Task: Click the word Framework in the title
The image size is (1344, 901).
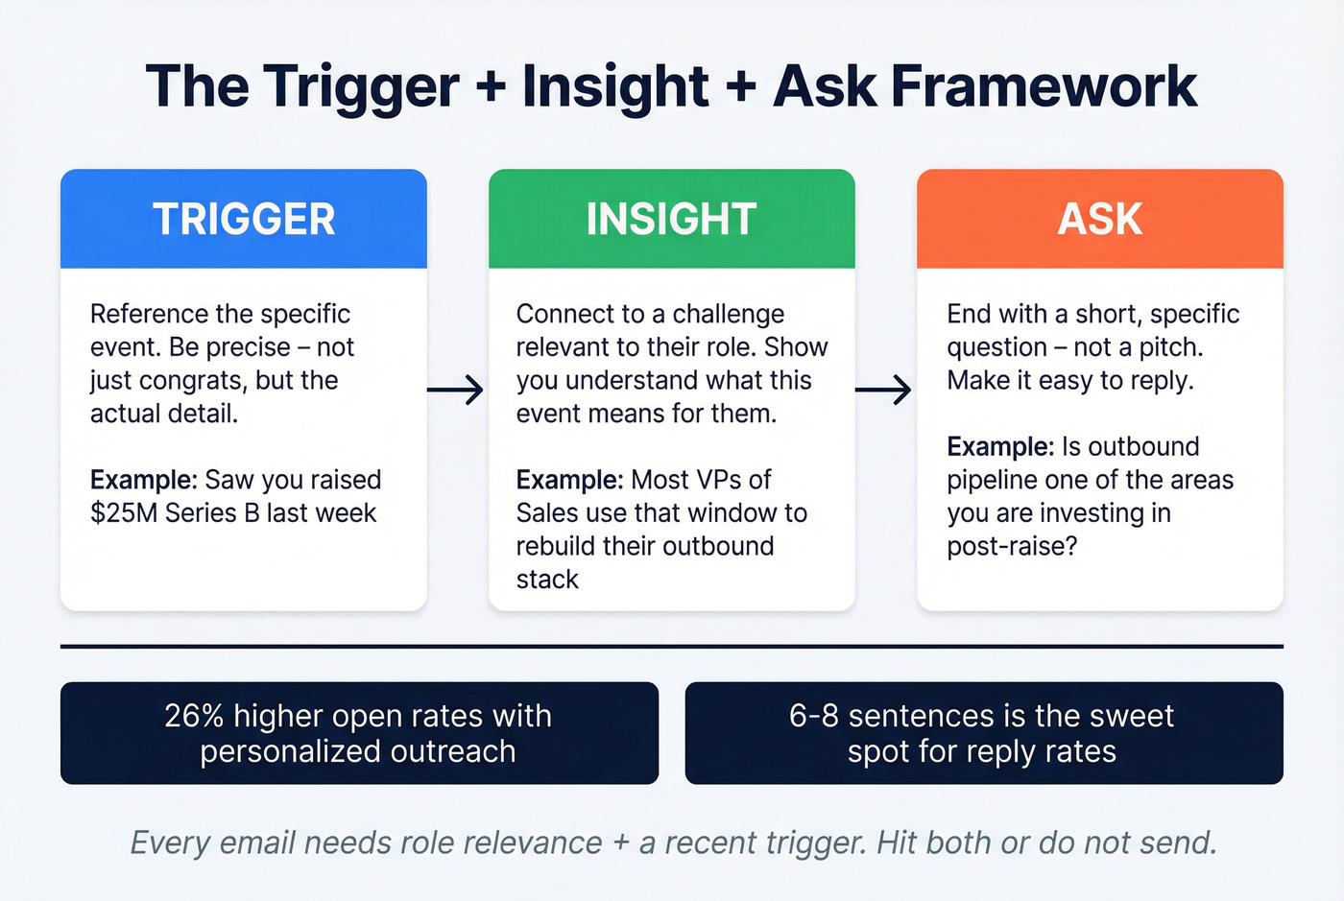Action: [x=1044, y=86]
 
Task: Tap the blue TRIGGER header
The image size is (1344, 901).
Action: [x=244, y=219]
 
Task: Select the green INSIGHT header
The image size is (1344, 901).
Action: [x=671, y=219]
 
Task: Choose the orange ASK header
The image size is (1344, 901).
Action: [x=1099, y=219]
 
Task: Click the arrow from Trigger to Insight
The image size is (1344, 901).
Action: [x=455, y=390]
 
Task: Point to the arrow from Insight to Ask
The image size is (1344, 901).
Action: [x=883, y=390]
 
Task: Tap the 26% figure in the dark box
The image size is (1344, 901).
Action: [x=194, y=716]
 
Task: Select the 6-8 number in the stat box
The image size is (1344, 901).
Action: [x=814, y=716]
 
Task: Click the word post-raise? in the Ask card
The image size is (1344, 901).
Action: [x=1012, y=547]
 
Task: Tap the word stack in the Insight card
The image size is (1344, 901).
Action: [x=547, y=580]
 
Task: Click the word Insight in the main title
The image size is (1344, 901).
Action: [x=615, y=86]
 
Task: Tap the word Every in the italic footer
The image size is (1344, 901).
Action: [x=170, y=842]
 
